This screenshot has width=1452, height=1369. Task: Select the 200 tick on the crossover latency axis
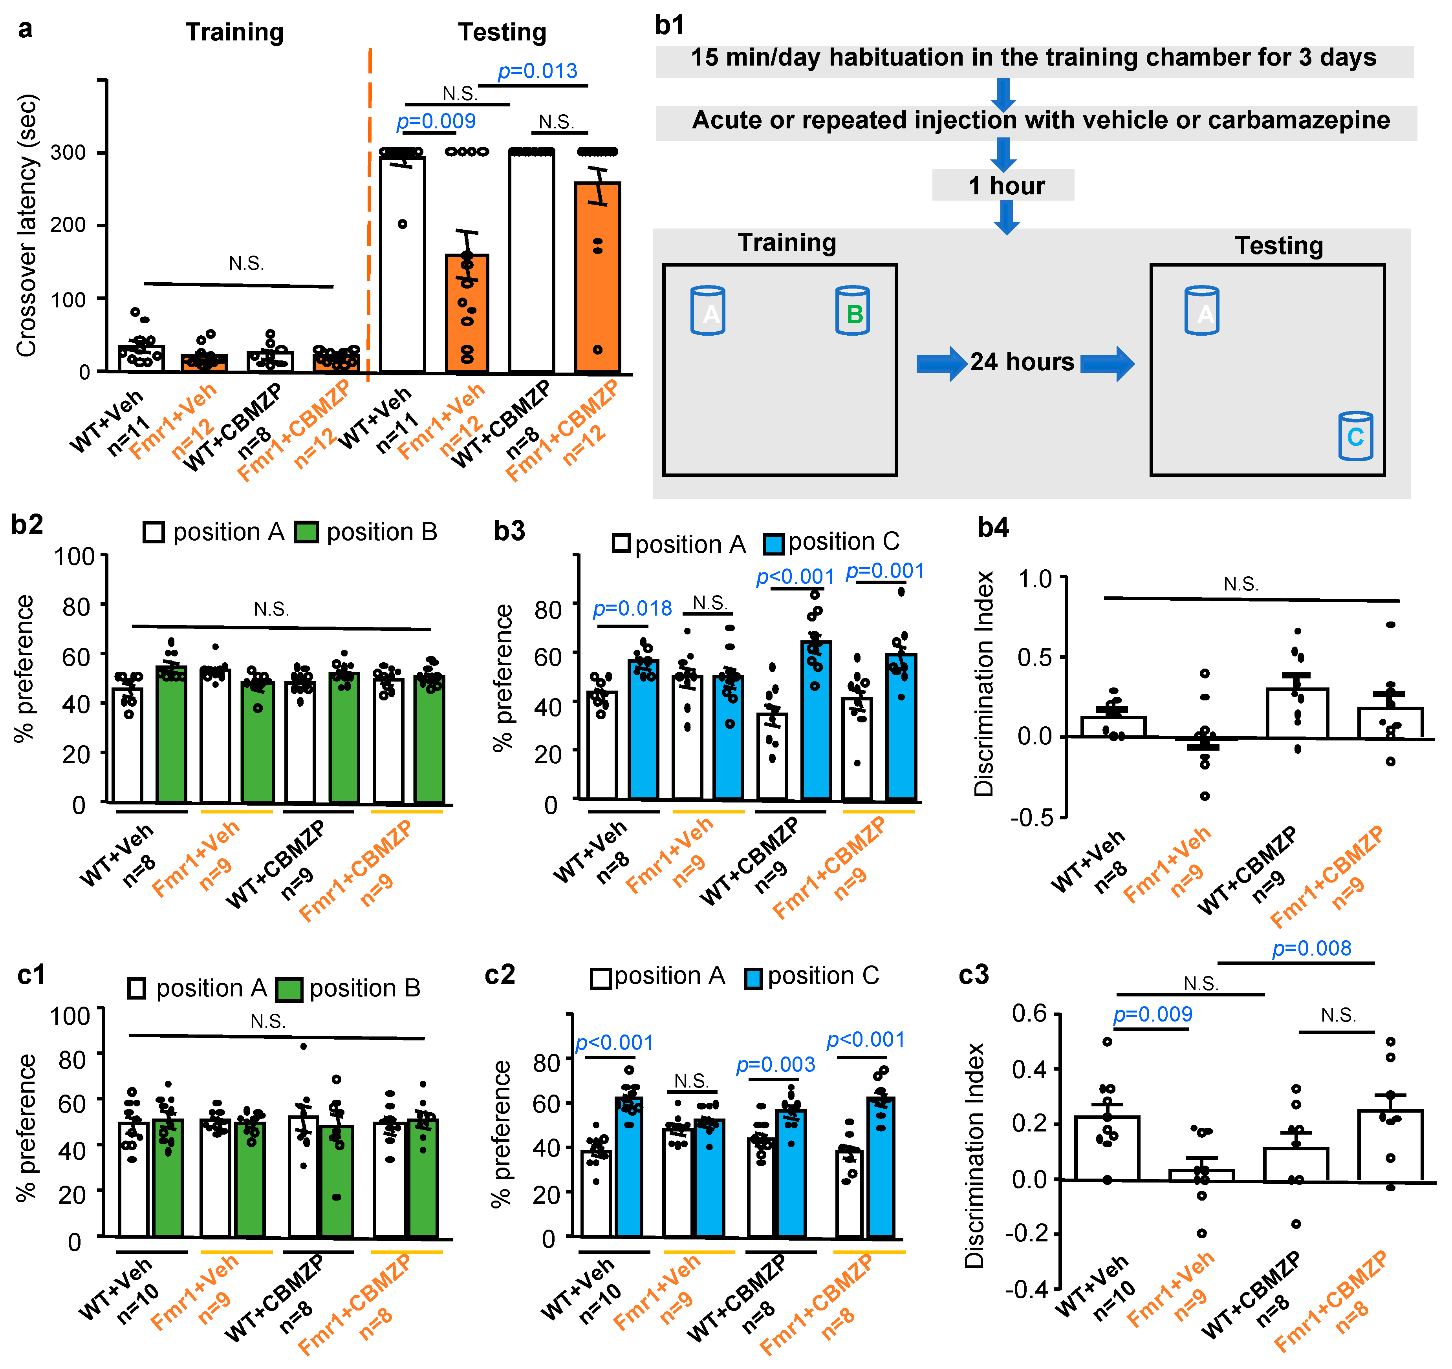click(x=68, y=225)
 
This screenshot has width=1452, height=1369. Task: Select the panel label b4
click(x=992, y=527)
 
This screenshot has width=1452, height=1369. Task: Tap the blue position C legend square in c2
click(x=753, y=978)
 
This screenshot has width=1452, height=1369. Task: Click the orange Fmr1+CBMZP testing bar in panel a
click(x=597, y=278)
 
